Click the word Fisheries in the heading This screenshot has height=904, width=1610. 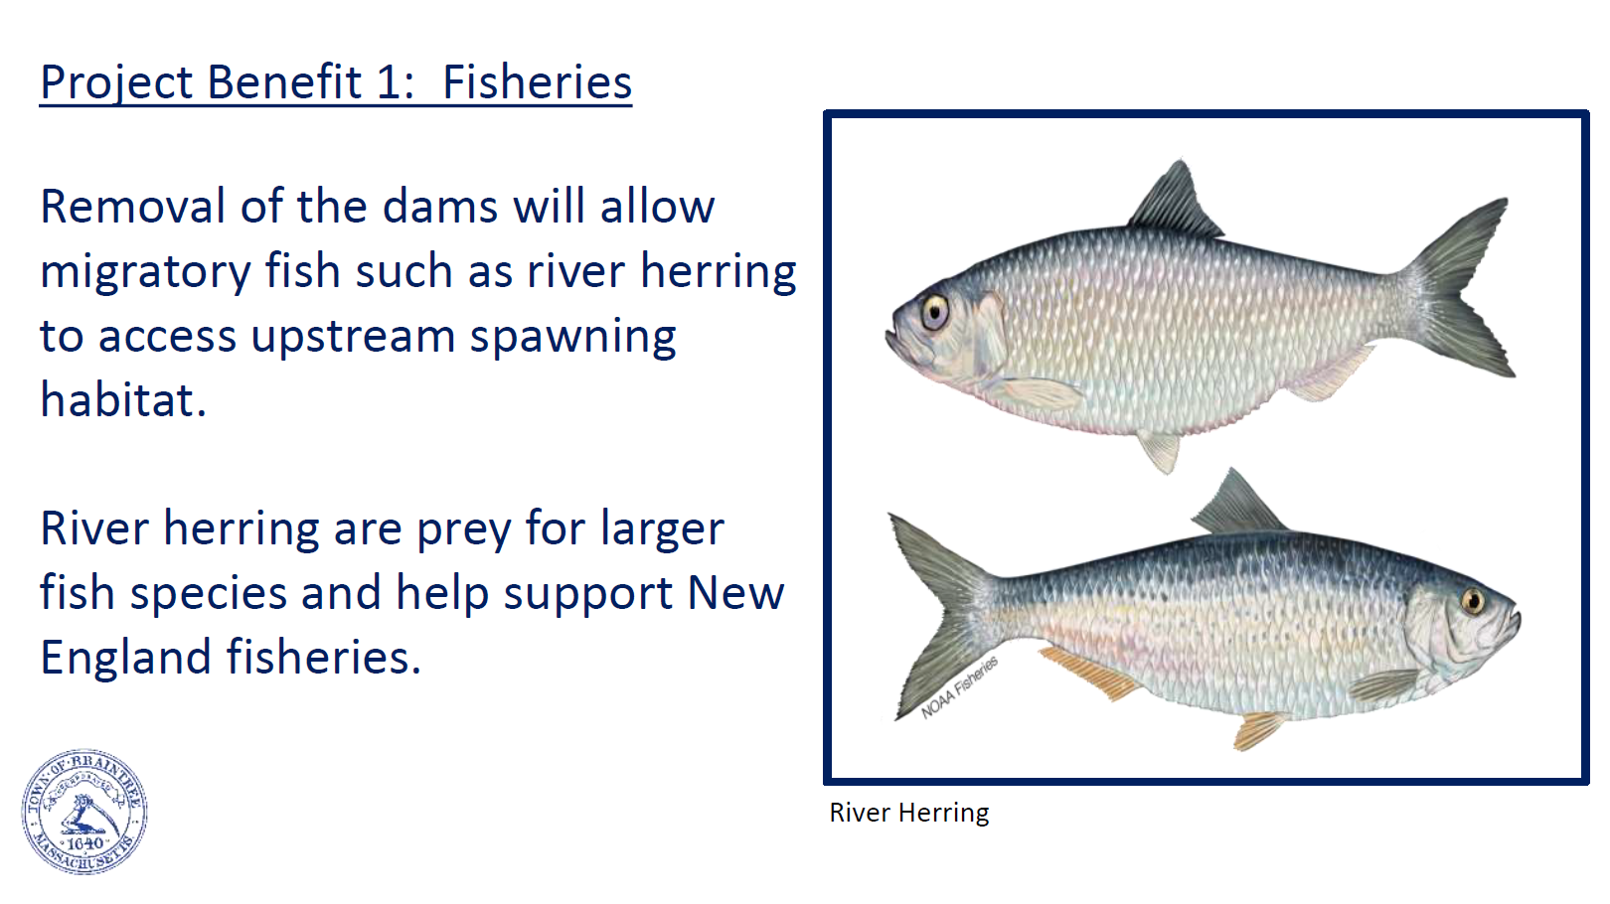click(537, 81)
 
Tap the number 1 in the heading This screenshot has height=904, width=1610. click(389, 81)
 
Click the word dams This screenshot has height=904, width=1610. click(440, 207)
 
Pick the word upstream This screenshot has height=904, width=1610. click(353, 338)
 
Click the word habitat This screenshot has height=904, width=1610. click(123, 399)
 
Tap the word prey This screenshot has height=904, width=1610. click(463, 531)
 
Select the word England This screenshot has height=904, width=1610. click(126, 659)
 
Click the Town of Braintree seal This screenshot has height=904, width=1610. click(84, 812)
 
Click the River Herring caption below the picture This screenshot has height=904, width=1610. click(909, 814)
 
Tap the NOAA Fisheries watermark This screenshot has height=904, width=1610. click(959, 687)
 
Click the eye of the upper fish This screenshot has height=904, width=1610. click(935, 311)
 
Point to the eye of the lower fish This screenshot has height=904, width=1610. click(1473, 601)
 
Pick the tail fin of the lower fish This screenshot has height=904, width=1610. click(941, 614)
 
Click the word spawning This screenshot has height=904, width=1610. click(572, 338)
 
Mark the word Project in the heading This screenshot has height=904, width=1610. click(116, 83)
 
